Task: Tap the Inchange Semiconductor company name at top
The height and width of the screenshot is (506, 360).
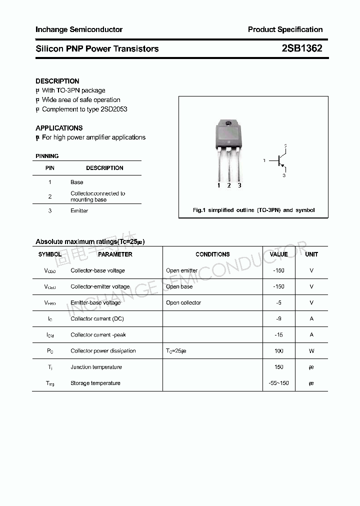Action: (x=79, y=29)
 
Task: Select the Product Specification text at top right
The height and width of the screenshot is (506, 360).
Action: (x=285, y=29)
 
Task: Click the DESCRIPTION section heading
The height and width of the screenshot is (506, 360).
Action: (x=57, y=81)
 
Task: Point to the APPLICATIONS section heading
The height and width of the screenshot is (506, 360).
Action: (x=59, y=128)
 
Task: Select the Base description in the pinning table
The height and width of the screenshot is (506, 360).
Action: (x=77, y=182)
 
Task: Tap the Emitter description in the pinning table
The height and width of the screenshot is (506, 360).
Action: (x=79, y=210)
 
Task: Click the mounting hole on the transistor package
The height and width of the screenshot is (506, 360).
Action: (x=228, y=123)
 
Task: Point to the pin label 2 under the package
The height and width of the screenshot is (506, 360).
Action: (x=229, y=185)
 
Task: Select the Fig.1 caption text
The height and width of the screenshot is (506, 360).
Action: (x=253, y=210)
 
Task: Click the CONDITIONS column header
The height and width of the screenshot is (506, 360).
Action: (x=212, y=254)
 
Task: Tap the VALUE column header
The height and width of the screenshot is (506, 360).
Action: (x=278, y=254)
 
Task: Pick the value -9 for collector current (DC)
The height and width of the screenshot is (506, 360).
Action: (x=278, y=318)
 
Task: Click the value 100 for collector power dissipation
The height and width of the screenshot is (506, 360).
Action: (x=278, y=350)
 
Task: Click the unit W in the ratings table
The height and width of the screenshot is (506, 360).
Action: (x=311, y=350)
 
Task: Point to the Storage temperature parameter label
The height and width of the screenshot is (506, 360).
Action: (x=95, y=383)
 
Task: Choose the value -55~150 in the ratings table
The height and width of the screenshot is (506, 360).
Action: (x=278, y=383)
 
